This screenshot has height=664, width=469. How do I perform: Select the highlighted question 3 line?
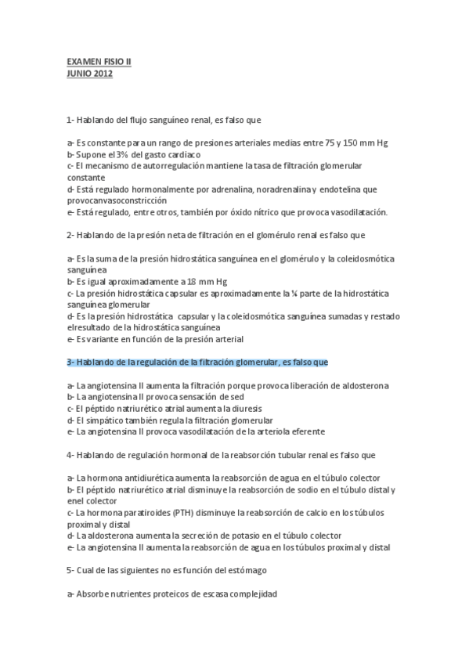(x=197, y=362)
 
